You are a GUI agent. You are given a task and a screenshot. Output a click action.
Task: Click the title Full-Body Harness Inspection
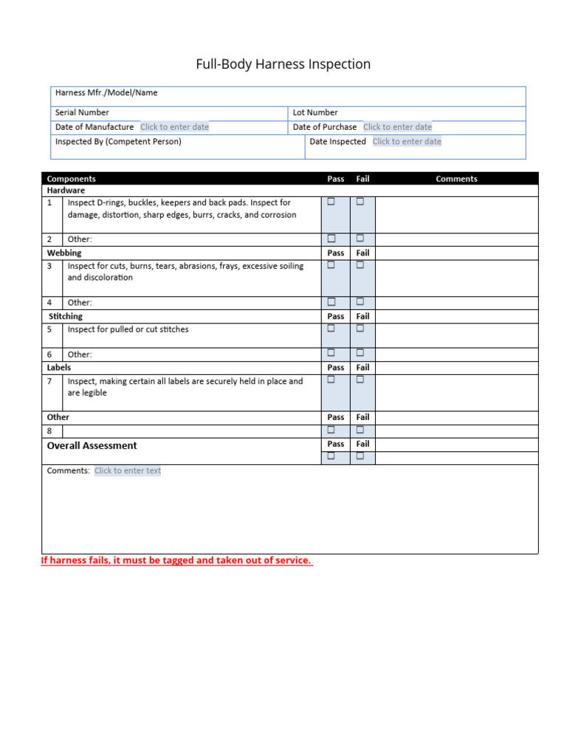283,64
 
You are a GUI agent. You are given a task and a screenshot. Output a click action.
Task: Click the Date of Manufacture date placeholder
174,127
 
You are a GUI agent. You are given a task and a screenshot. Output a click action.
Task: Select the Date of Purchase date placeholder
397,127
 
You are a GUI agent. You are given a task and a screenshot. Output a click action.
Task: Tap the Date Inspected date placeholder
407,142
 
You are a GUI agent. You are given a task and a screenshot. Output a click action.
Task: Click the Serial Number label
82,113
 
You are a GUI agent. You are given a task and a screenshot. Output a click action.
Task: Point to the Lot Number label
315,113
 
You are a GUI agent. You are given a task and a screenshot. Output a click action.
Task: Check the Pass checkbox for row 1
331,202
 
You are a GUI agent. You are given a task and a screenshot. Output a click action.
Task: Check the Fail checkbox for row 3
360,265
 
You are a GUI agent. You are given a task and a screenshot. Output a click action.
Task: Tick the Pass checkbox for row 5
331,329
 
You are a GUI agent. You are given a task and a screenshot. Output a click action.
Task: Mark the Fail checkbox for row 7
360,379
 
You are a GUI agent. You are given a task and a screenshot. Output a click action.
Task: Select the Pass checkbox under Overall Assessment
331,456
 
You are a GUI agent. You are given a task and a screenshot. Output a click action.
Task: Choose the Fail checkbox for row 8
360,430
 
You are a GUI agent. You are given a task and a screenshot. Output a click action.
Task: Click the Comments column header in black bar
456,179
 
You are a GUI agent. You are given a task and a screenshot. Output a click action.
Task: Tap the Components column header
71,179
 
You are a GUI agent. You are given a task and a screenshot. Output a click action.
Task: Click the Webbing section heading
64,252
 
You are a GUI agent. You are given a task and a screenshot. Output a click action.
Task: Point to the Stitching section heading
66,316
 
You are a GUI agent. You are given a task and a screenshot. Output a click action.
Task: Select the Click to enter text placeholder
128,471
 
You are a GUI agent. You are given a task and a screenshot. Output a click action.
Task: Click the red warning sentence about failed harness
176,560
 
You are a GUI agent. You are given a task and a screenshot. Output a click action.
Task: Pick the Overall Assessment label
92,446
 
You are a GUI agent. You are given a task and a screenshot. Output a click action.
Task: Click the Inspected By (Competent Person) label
118,142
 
